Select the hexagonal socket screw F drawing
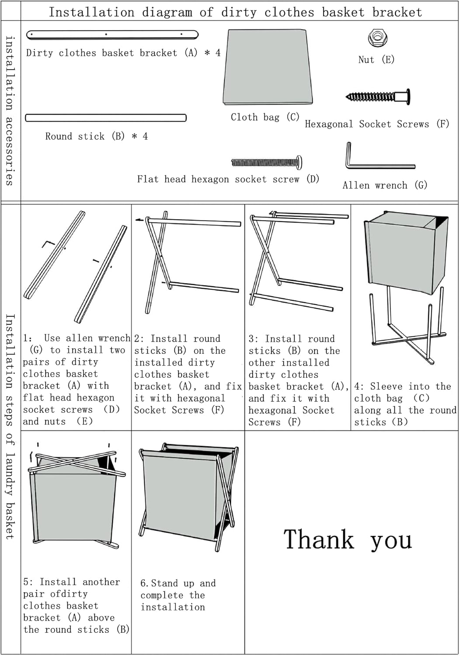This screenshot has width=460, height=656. click(379, 96)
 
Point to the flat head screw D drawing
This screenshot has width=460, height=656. click(267, 163)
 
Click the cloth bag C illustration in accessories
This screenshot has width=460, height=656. click(268, 66)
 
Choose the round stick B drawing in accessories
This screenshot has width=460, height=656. click(106, 118)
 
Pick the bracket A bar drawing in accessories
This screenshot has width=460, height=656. click(112, 34)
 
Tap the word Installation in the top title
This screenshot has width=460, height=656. click(91, 12)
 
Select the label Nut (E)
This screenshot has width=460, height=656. click(376, 59)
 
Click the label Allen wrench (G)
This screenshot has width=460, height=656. click(384, 185)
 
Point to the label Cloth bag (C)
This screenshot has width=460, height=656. click(265, 117)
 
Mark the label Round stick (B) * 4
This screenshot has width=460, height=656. click(96, 136)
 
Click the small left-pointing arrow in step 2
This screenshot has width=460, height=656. click(139, 220)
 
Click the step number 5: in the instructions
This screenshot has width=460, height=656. click(28, 582)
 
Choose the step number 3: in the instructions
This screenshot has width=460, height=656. click(253, 339)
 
